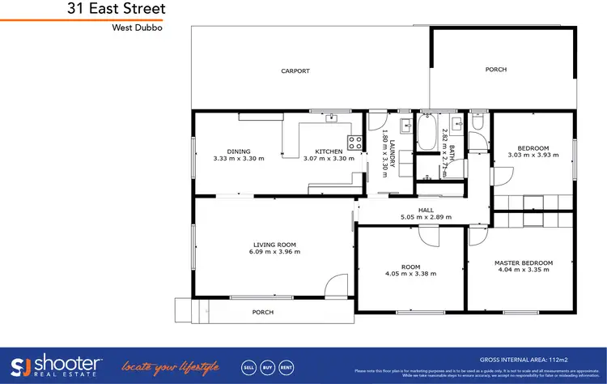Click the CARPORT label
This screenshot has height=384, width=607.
(295, 71)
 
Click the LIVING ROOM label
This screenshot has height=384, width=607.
(274, 244)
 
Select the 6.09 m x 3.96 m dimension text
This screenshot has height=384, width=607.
(274, 252)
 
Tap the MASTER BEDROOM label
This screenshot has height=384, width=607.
(524, 263)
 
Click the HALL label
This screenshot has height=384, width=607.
(426, 210)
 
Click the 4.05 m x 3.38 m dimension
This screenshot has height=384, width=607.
(410, 274)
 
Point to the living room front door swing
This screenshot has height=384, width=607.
(332, 285)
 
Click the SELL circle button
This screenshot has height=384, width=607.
(249, 366)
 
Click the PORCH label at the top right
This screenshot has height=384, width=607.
(495, 70)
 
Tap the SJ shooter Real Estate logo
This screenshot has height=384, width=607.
(56, 365)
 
